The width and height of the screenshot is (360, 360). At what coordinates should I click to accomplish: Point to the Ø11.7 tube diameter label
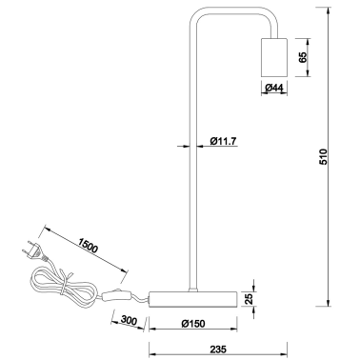[x=223, y=143]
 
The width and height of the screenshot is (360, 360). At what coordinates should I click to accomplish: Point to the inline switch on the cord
[x=118, y=295]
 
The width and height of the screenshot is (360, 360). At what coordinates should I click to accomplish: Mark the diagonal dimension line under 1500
[x=81, y=252]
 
